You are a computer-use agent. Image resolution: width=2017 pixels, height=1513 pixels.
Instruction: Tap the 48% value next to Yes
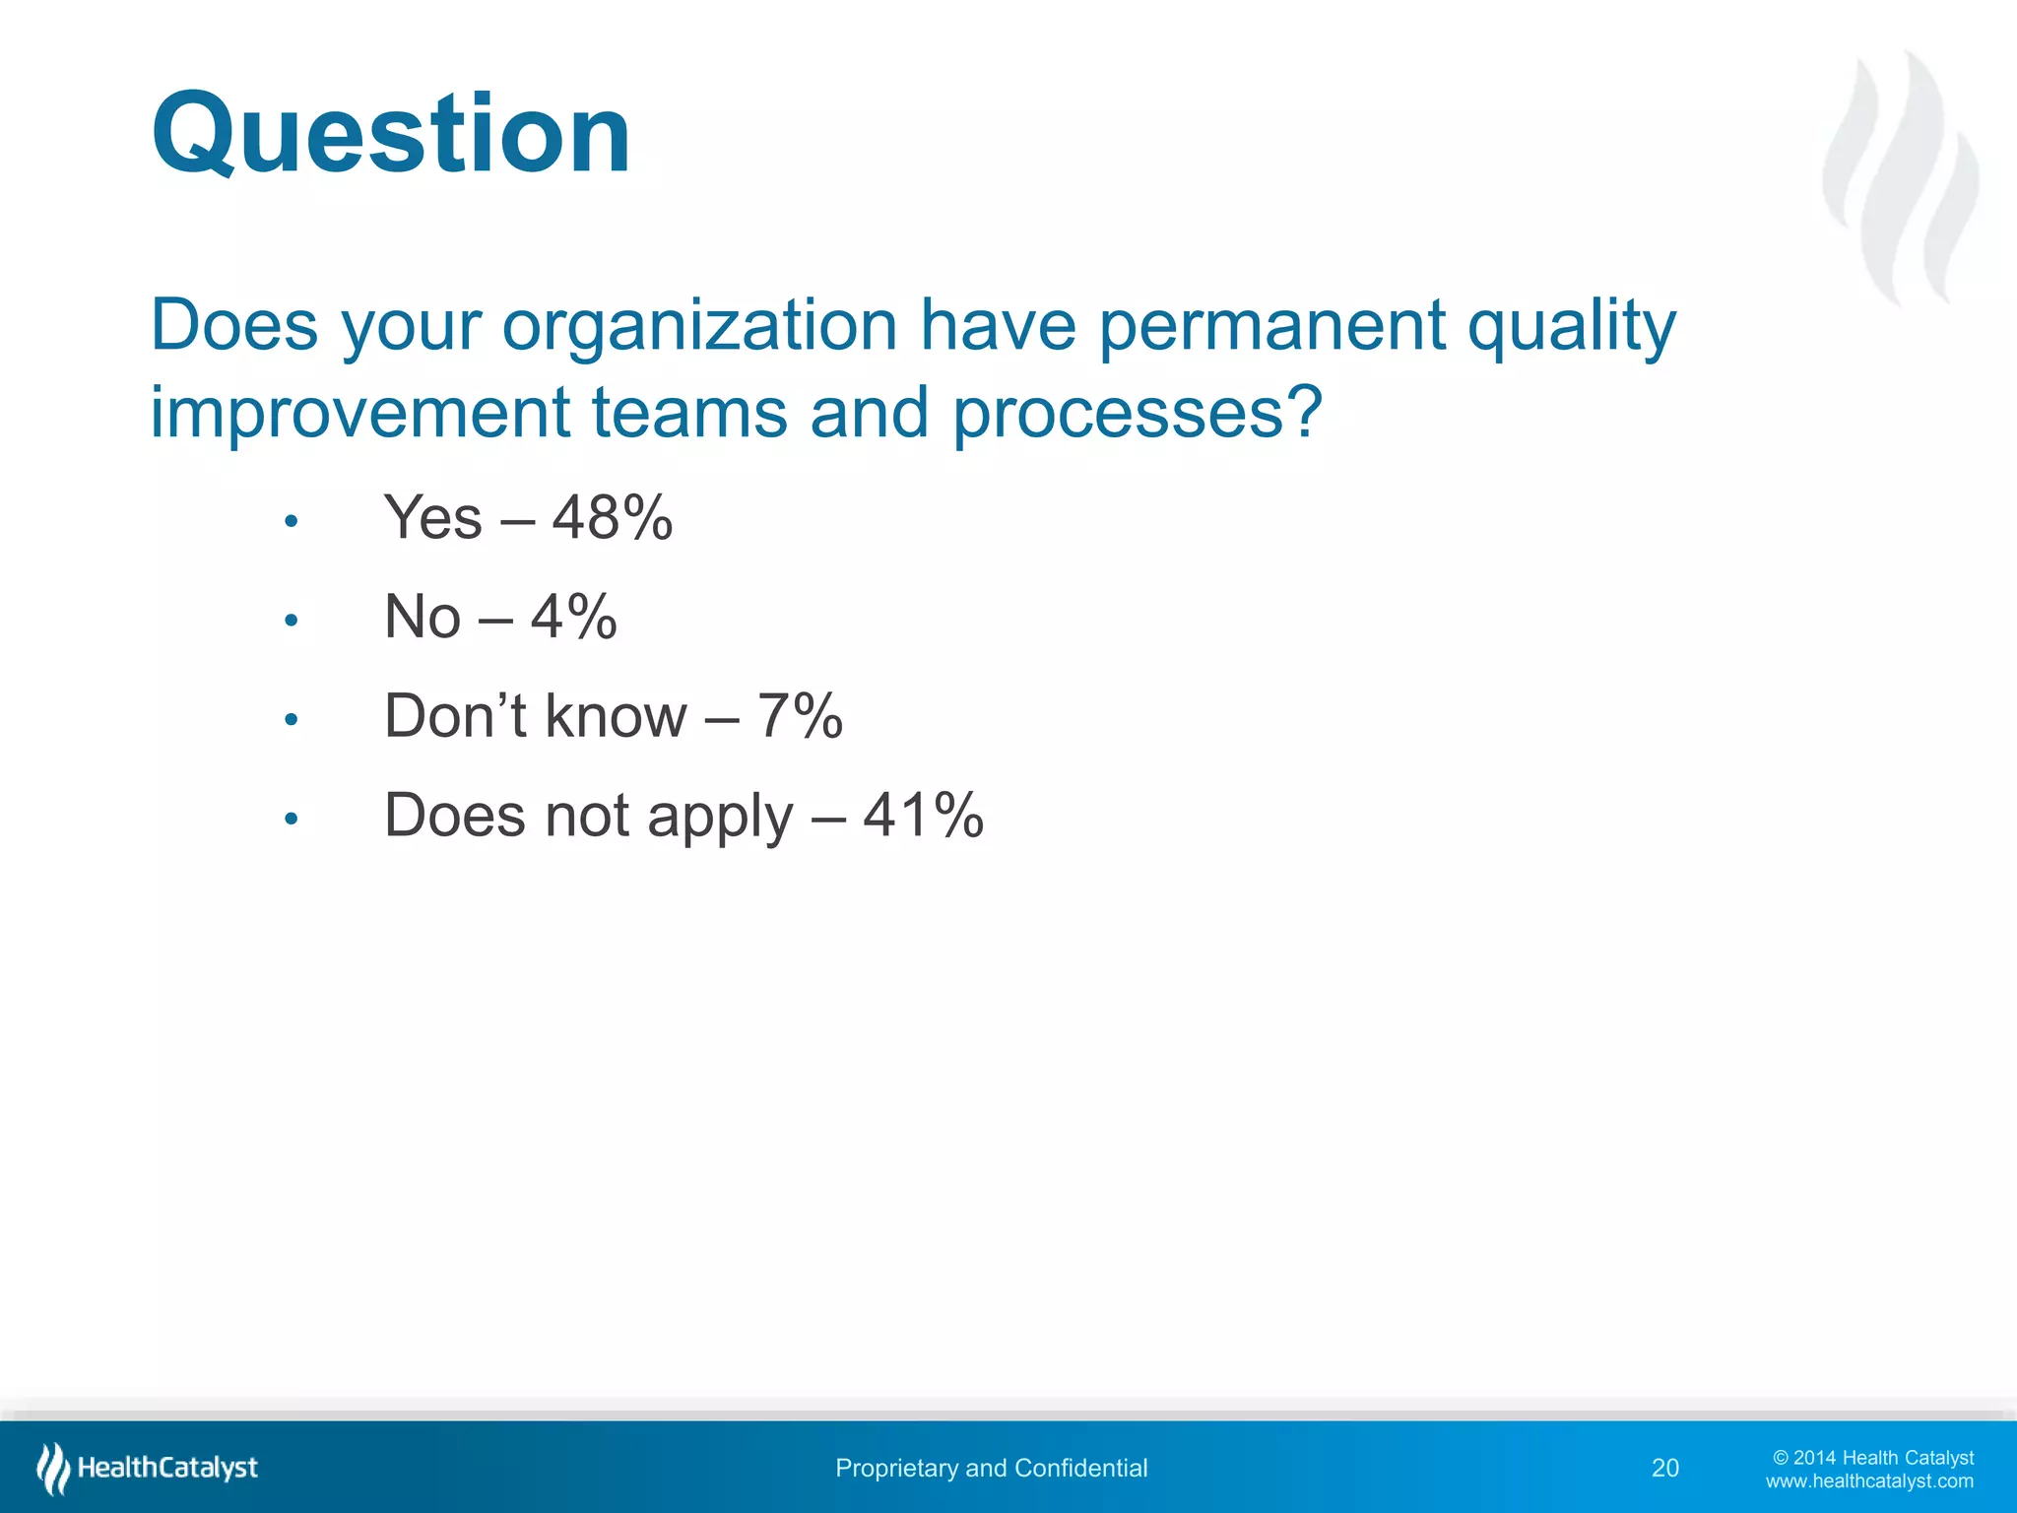pyautogui.click(x=612, y=517)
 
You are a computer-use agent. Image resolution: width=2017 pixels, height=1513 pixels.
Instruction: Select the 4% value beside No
pyautogui.click(x=573, y=617)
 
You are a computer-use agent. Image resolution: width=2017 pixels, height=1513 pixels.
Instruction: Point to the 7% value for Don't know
pyautogui.click(x=799, y=716)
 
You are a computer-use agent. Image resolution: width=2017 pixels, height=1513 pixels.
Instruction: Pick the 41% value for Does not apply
pyautogui.click(x=923, y=816)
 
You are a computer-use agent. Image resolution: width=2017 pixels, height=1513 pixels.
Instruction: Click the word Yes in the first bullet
pyautogui.click(x=432, y=517)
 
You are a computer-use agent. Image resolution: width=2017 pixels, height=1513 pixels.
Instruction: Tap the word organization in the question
pyautogui.click(x=699, y=325)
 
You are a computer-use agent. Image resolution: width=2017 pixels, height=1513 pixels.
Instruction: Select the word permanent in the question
pyautogui.click(x=1271, y=325)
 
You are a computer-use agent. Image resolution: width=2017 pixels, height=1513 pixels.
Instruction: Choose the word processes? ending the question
pyautogui.click(x=1138, y=414)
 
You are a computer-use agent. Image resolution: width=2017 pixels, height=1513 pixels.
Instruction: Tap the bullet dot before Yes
pyautogui.click(x=291, y=521)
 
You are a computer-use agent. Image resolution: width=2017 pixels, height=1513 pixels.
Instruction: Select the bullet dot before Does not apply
pyautogui.click(x=291, y=819)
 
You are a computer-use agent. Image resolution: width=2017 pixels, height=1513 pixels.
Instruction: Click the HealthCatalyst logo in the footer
pyautogui.click(x=148, y=1468)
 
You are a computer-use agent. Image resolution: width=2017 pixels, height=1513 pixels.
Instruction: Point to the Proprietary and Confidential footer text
pyautogui.click(x=991, y=1468)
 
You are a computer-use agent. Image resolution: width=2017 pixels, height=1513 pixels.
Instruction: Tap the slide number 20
pyautogui.click(x=1664, y=1468)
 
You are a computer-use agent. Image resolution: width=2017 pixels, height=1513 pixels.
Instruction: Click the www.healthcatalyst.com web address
pyautogui.click(x=1869, y=1481)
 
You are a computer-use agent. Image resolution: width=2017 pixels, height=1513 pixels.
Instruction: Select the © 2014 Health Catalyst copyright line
pyautogui.click(x=1873, y=1458)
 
